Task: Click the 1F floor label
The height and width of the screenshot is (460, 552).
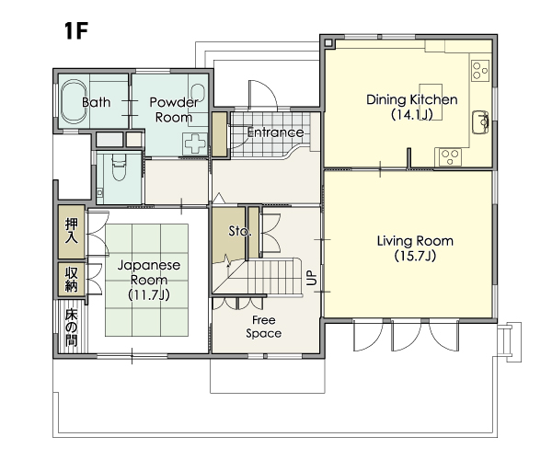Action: coord(75,30)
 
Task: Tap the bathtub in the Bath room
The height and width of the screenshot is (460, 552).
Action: coord(74,102)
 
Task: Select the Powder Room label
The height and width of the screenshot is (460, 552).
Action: coord(174,109)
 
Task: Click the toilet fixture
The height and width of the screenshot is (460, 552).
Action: coord(119,167)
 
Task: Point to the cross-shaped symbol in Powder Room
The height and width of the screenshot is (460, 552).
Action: coord(195,144)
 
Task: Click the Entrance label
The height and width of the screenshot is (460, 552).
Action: coord(275,132)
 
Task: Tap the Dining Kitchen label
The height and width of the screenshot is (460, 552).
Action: coord(412,99)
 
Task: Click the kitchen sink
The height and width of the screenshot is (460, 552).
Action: coord(480,122)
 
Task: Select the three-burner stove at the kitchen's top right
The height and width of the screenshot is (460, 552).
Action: coord(480,70)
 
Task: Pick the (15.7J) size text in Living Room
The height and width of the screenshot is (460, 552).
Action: coord(415,256)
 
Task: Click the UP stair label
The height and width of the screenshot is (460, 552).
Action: coord(312,278)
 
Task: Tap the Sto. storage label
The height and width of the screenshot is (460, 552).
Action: coord(240,231)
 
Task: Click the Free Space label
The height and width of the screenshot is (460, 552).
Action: coord(264,327)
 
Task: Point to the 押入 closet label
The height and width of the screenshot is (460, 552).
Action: coord(72,231)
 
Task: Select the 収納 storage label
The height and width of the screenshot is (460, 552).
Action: coord(72,279)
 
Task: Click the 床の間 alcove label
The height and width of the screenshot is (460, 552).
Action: coord(71,328)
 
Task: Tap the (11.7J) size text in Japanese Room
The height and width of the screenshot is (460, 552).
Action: coord(149,294)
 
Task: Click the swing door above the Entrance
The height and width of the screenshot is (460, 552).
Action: coord(263,95)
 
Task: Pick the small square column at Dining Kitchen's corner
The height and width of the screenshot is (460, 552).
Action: coord(328,43)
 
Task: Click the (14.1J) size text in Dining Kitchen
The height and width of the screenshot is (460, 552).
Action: coord(412,115)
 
